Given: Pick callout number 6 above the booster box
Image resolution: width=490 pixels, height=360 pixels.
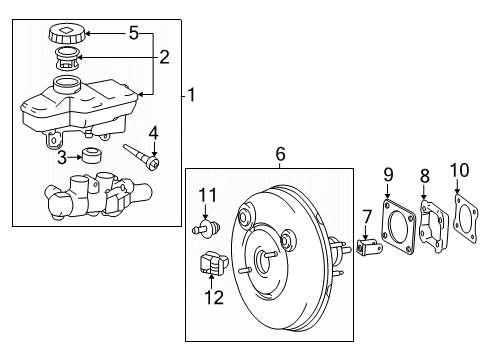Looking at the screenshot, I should (x=280, y=153).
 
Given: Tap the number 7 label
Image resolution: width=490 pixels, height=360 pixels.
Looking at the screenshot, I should (x=367, y=216).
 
